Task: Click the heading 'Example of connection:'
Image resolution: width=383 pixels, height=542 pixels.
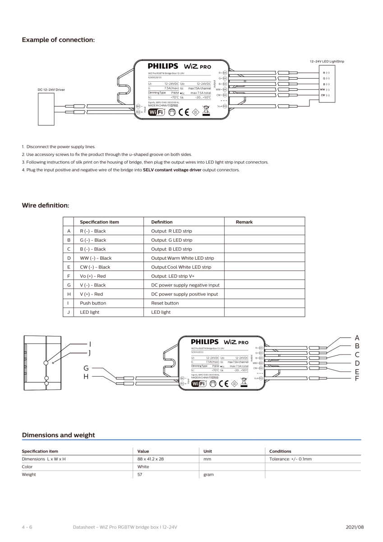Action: tap(58, 40)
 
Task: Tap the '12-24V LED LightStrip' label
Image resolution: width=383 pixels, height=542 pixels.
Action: tap(327, 61)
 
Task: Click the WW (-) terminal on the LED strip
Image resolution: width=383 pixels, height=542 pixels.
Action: tap(325, 89)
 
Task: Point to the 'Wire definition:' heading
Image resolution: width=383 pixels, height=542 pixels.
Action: tap(45, 206)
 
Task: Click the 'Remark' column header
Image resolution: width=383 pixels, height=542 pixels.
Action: tap(244, 222)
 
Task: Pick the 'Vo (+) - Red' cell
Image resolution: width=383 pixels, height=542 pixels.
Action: tap(92, 276)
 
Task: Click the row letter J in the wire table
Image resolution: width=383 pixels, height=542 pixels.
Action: tap(69, 312)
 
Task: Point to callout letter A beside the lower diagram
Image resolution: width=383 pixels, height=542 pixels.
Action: tap(357, 337)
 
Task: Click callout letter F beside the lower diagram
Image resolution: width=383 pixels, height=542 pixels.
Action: tap(357, 378)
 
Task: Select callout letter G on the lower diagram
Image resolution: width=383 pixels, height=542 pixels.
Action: tap(86, 368)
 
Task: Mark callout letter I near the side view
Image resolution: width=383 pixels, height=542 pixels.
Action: tap(90, 344)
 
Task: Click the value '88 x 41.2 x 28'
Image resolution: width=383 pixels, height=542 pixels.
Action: tap(151, 459)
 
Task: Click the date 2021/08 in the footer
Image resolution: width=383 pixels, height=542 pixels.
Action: tap(355, 527)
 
